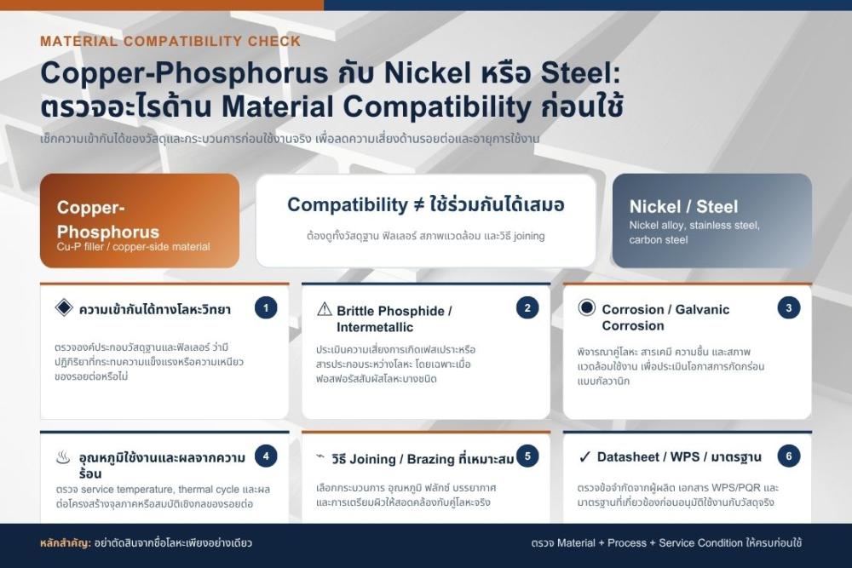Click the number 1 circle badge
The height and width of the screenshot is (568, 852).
click(266, 308)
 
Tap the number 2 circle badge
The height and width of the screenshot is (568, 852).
click(527, 308)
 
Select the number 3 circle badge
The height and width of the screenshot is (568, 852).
click(788, 308)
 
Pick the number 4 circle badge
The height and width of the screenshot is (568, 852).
click(266, 456)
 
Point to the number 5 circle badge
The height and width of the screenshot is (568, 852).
click(527, 456)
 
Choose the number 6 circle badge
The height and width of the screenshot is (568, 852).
click(788, 456)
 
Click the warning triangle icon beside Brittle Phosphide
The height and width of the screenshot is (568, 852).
click(324, 309)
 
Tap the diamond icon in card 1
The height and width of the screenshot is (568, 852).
click(64, 307)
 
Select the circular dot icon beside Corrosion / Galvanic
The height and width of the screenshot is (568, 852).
click(587, 308)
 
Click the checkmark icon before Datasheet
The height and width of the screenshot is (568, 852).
click(584, 457)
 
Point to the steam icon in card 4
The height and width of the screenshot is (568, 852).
click(63, 457)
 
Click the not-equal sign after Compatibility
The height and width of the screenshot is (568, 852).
click(418, 205)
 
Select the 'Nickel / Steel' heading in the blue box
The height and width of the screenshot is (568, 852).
click(683, 206)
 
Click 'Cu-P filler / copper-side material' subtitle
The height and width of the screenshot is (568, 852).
click(133, 247)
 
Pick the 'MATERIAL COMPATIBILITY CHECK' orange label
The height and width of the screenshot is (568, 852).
click(170, 41)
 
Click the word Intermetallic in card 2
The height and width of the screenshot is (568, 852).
click(375, 327)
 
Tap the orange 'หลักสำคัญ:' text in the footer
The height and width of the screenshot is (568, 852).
click(66, 542)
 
